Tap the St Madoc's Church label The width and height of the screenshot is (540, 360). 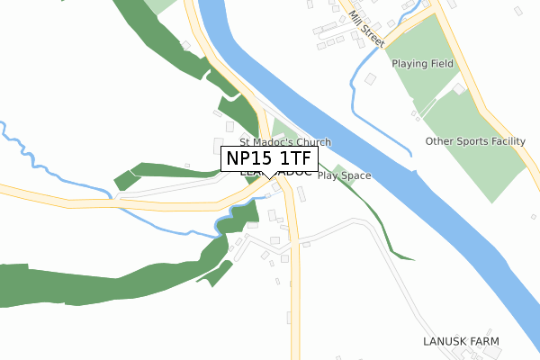point(284,142)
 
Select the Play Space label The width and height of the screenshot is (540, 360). point(344,175)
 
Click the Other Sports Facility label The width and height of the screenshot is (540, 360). point(475,141)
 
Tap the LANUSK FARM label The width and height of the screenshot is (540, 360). point(461,342)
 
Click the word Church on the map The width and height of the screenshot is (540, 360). point(313,142)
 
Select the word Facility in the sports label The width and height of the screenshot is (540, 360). point(505,141)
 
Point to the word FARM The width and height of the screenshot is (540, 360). point(483,342)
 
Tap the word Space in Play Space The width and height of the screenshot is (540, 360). point(356,175)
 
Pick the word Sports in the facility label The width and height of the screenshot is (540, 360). point(470,141)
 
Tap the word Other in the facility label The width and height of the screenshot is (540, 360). point(439,141)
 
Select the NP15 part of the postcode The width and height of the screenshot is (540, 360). point(247,159)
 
